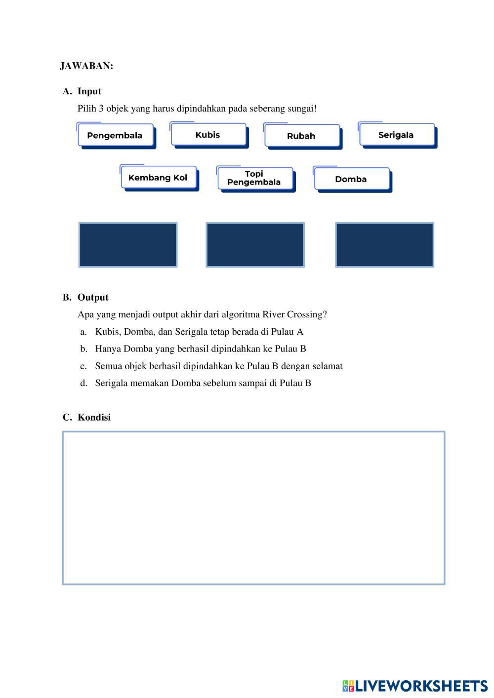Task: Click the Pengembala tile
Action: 115,136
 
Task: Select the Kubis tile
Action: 208,135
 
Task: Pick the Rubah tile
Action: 301,136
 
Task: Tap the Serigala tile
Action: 396,135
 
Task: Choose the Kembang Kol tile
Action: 158,178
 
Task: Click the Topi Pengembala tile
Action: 254,178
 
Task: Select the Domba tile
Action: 351,179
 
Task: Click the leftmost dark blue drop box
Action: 128,245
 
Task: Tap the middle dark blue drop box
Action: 255,245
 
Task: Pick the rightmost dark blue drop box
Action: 384,245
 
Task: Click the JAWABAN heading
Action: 86,66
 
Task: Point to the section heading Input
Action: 89,91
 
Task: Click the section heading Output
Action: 92,298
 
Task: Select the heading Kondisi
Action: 94,418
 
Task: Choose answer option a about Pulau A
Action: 199,332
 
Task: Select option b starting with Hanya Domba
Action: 200,349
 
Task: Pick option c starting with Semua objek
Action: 218,366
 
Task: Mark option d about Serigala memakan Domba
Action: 203,384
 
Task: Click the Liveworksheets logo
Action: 415,686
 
